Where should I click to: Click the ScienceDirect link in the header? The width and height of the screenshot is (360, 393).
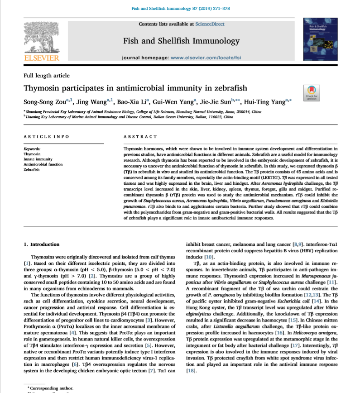pos(209,24)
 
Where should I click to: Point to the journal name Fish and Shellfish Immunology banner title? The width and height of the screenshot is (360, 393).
pos(181,41)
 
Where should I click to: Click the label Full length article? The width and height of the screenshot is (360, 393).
pos(47,76)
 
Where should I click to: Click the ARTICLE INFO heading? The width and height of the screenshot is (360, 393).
pos(46,136)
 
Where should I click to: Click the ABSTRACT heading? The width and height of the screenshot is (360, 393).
pos(140,136)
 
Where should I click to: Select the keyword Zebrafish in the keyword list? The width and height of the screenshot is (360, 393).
pos(32,169)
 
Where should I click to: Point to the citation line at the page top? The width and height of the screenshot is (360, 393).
pos(180,8)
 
